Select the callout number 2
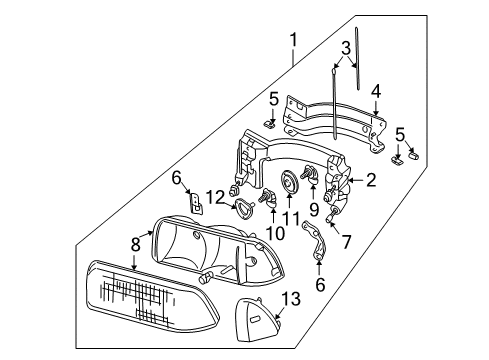point(370,180)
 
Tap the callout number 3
point(345,47)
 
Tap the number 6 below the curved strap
point(319,284)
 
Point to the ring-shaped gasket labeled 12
point(240,208)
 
